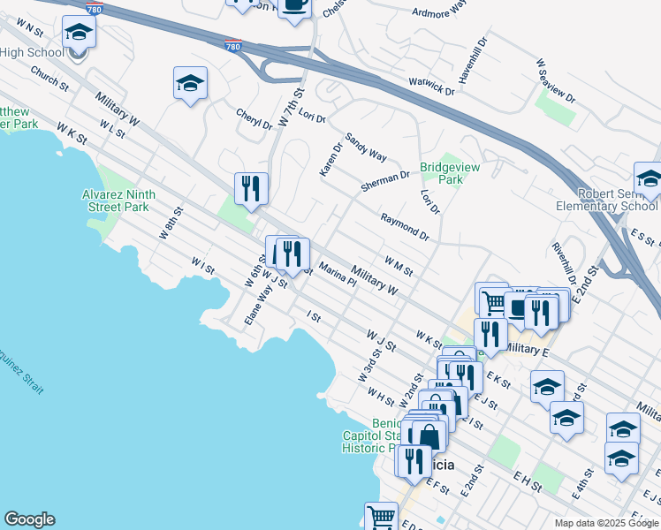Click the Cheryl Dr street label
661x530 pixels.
click(x=254, y=118)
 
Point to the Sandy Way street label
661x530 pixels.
click(x=366, y=147)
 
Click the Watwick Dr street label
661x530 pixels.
click(x=430, y=86)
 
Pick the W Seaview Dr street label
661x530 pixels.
click(x=555, y=80)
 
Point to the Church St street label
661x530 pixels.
click(x=49, y=80)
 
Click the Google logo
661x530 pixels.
click(x=29, y=519)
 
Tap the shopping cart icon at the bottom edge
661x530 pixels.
click(x=382, y=516)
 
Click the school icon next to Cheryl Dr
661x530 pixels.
click(x=190, y=84)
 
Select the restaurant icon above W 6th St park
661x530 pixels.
click(x=251, y=188)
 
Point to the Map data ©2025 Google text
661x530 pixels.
click(x=605, y=523)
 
